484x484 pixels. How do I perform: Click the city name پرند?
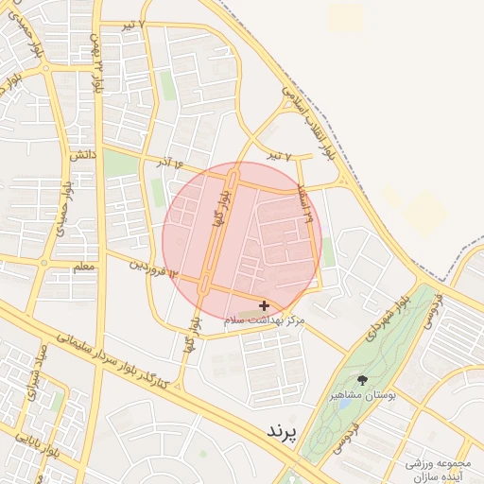282,431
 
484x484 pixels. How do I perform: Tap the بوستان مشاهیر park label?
362,395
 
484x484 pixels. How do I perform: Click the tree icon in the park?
362,380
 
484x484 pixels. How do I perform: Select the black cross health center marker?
263,305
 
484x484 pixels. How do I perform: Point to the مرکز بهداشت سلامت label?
265,321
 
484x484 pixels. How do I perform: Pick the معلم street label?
83,267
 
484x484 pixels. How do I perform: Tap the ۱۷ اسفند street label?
304,201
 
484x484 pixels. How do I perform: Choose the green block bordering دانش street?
120,164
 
